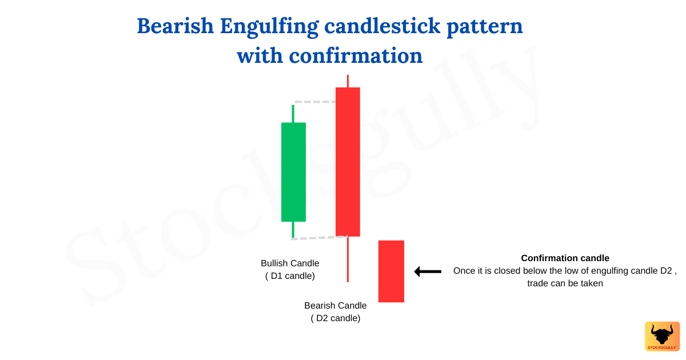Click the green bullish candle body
click(293, 171)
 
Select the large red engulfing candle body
click(348, 162)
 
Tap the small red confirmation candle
click(391, 271)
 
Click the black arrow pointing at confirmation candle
click(428, 271)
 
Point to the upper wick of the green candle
click(293, 114)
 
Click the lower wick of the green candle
click(293, 230)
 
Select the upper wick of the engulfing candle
click(348, 81)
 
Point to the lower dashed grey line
click(313, 238)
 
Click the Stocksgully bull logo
click(662, 336)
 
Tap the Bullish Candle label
click(290, 263)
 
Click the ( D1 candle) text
click(290, 276)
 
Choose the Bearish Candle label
click(336, 306)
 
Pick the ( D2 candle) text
click(336, 318)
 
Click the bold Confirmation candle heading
click(565, 258)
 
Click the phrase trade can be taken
click(565, 283)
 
